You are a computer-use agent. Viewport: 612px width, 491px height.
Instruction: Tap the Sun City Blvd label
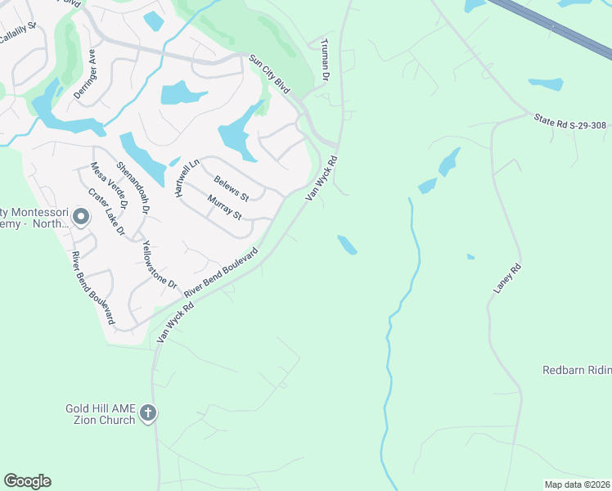pyautogui.click(x=270, y=73)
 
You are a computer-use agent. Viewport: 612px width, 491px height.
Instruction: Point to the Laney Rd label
pyautogui.click(x=507, y=278)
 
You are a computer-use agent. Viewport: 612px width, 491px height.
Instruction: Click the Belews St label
pyautogui.click(x=231, y=187)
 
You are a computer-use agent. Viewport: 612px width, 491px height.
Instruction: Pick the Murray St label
pyautogui.click(x=224, y=207)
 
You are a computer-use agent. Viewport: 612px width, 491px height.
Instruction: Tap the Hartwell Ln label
pyautogui.click(x=186, y=177)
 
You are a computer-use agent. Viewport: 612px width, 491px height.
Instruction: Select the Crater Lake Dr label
pyautogui.click(x=106, y=213)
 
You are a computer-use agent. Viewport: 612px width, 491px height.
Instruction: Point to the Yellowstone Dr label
pyautogui.click(x=160, y=264)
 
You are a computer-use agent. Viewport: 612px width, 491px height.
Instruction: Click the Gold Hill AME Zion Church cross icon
pyautogui.click(x=148, y=412)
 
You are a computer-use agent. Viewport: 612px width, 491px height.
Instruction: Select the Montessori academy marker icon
pyautogui.click(x=80, y=217)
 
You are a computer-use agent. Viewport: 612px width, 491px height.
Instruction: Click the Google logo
pyautogui.click(x=27, y=481)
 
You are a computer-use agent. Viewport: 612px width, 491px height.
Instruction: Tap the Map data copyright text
pyautogui.click(x=576, y=484)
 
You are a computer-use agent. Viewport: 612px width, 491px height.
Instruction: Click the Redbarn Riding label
pyautogui.click(x=577, y=370)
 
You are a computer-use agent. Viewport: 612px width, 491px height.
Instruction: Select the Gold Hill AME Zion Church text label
pyautogui.click(x=100, y=414)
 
